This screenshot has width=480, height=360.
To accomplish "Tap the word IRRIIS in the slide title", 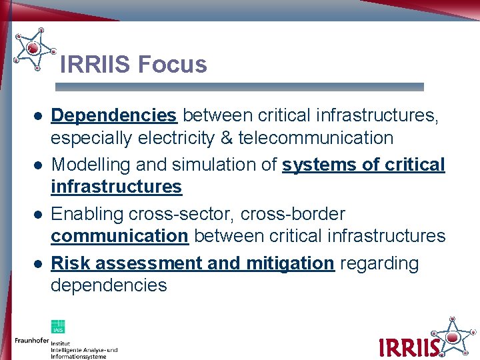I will click(x=96, y=65).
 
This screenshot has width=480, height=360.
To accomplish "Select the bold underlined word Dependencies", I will click(x=114, y=115).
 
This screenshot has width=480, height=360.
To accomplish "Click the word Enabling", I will click(x=87, y=214).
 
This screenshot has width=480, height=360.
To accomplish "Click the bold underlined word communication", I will click(x=119, y=236).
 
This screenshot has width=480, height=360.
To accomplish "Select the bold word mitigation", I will click(x=290, y=263).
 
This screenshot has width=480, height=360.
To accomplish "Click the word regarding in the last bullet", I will click(x=379, y=263).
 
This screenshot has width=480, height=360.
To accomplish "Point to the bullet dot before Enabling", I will click(x=39, y=215).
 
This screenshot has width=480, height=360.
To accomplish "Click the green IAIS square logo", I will click(x=58, y=326).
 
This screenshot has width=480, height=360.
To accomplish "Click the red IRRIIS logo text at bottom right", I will click(x=408, y=347).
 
